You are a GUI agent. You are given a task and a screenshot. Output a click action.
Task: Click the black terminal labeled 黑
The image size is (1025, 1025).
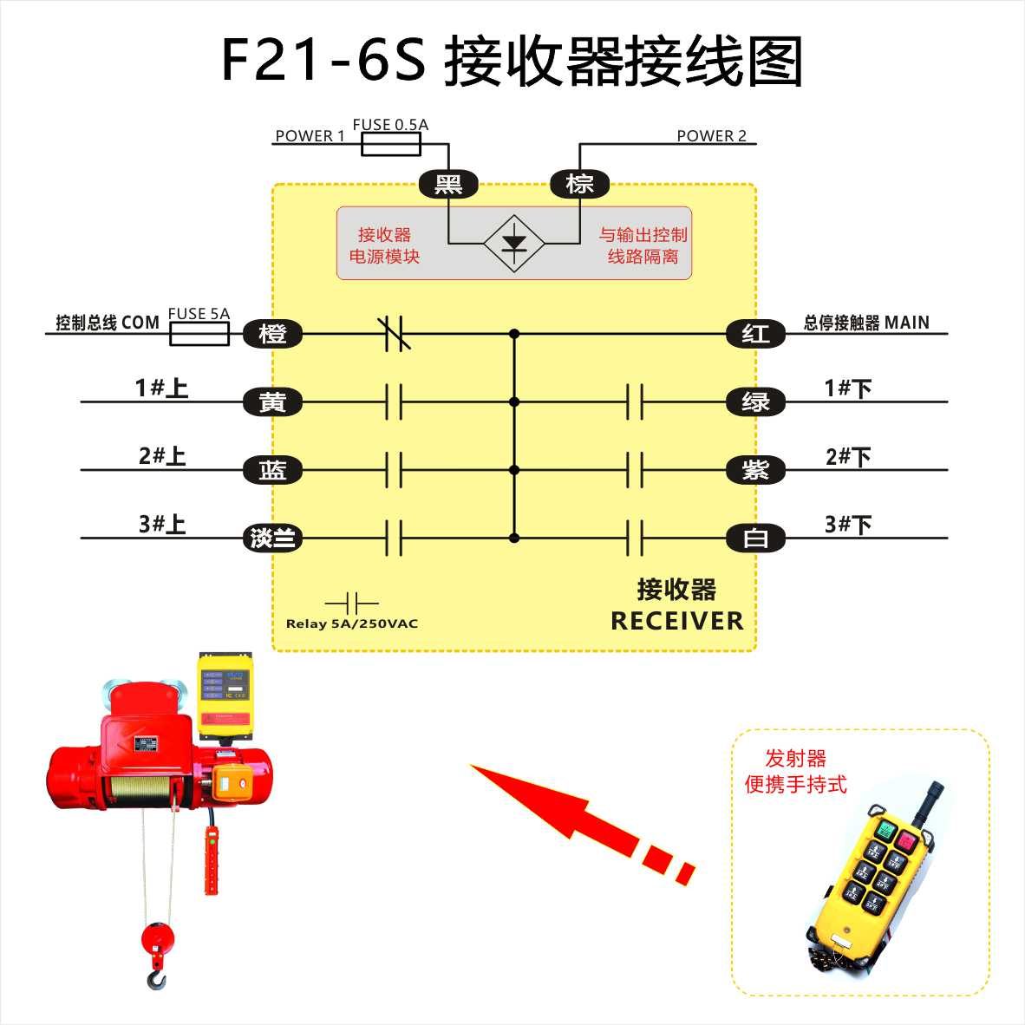click(448, 184)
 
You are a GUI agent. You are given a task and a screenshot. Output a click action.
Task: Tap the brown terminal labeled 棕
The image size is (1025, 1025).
click(579, 184)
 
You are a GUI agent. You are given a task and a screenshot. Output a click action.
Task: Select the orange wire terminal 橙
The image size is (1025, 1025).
click(272, 334)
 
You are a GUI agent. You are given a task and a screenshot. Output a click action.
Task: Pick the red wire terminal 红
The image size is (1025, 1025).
click(755, 334)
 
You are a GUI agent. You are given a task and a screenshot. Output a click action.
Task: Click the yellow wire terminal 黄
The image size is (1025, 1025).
click(272, 402)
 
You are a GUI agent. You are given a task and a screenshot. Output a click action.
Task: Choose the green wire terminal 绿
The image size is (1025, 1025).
click(755, 402)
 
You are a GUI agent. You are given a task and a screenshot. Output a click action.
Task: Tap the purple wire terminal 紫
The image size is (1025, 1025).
click(755, 470)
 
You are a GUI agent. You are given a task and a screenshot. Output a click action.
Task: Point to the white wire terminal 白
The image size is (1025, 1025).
click(755, 539)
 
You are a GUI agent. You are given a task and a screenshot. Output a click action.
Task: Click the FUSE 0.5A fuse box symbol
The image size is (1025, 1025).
click(391, 144)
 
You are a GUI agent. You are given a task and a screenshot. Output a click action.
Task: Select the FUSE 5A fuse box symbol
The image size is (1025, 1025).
click(199, 334)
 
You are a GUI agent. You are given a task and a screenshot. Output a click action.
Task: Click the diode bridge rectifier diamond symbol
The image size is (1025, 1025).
click(514, 243)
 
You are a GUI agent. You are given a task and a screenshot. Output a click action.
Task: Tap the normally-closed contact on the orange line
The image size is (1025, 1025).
click(395, 333)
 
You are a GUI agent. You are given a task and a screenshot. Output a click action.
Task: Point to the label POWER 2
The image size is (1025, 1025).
click(711, 136)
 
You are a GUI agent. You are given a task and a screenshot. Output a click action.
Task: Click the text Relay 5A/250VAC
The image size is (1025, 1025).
click(352, 623)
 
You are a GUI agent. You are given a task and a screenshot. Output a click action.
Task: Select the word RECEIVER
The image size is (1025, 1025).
click(677, 621)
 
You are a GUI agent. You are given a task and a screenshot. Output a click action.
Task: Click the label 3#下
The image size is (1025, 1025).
click(848, 524)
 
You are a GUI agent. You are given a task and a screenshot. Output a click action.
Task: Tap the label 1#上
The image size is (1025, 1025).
click(161, 388)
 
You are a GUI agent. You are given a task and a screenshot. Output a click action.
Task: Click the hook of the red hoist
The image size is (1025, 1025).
click(157, 978)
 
